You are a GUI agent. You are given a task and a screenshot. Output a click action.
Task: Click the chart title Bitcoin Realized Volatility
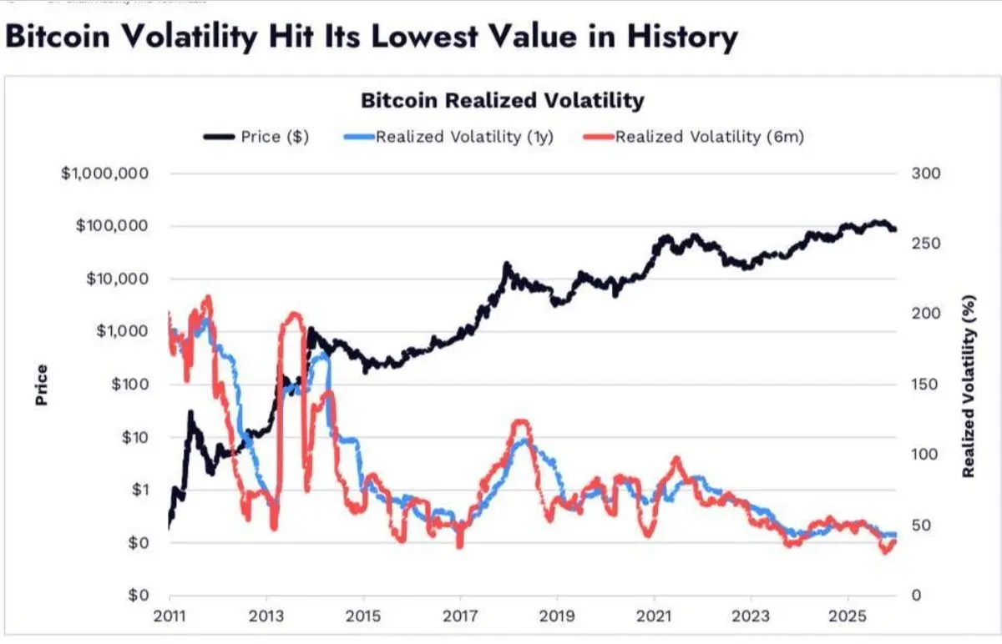pos(502,101)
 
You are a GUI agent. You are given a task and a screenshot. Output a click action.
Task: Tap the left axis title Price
pos(41,385)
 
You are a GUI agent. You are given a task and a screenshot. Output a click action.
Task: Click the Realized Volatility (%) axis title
pos(969,385)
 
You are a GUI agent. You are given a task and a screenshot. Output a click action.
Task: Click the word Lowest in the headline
pos(458,38)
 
